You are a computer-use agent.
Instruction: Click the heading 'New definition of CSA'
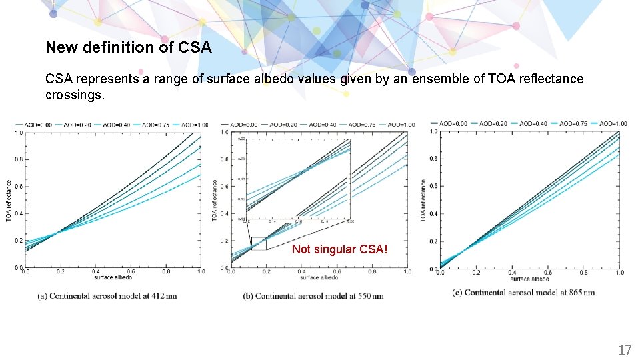pyautogui.click(x=128, y=48)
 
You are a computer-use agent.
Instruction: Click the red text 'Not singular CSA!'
pyautogui.click(x=339, y=249)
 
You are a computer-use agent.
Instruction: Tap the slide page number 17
pyautogui.click(x=624, y=350)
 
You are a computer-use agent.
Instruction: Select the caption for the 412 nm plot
pyautogui.click(x=106, y=295)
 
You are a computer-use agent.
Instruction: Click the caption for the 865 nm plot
pyautogui.click(x=523, y=292)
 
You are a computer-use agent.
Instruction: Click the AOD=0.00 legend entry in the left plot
pyautogui.click(x=37, y=125)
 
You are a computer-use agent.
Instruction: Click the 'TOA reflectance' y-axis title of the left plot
pyautogui.click(x=9, y=201)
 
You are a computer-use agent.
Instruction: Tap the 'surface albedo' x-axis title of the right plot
pyautogui.click(x=531, y=279)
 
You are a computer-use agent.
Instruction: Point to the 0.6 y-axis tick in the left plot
pyautogui.click(x=19, y=187)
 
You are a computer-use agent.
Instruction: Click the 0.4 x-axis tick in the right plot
pyautogui.click(x=512, y=273)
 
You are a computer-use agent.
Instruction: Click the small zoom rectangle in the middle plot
pyautogui.click(x=258, y=243)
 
